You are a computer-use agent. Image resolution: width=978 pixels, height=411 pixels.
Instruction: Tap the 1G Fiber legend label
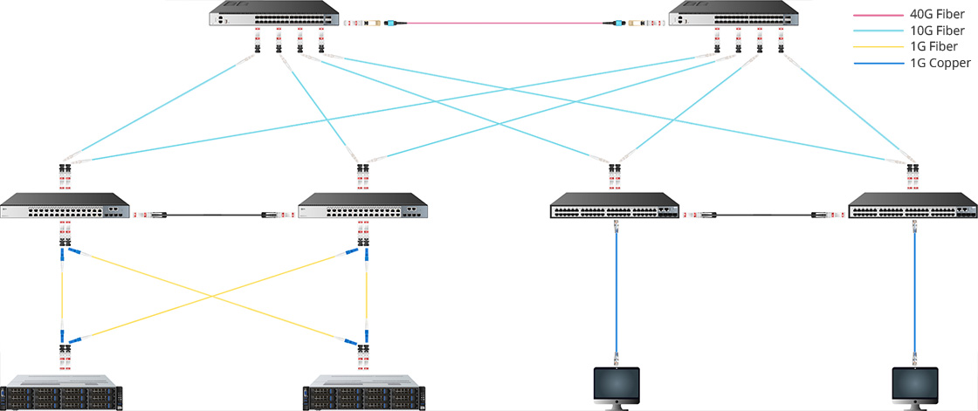coord(929,47)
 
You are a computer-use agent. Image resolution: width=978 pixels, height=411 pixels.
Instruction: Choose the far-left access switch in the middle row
coord(65,206)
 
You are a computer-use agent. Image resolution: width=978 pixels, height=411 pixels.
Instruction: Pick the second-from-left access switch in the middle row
coord(363,206)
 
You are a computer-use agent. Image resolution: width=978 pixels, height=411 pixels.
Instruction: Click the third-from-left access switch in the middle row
coord(615,206)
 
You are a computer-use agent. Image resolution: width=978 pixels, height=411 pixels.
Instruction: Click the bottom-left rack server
coord(62,392)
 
